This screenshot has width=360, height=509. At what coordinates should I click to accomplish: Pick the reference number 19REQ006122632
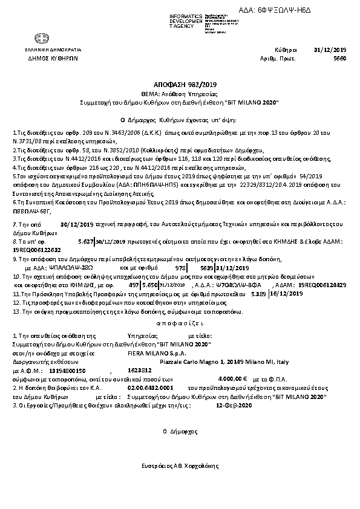[x=37, y=249]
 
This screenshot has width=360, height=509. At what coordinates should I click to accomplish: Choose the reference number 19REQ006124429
[x=324, y=284]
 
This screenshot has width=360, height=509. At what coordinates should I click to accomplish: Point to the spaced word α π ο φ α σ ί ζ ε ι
[x=180, y=323]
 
